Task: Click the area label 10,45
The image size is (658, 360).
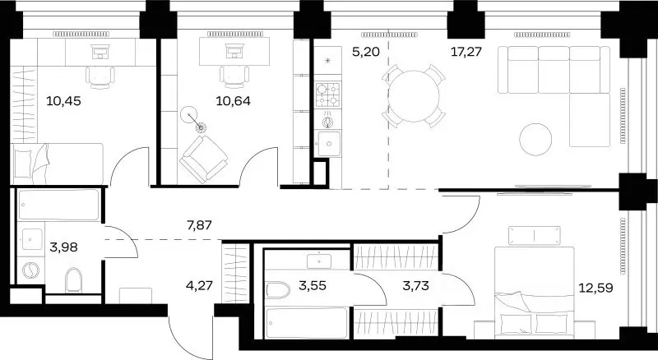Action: pyautogui.click(x=63, y=101)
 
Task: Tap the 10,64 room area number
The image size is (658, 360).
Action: pyautogui.click(x=233, y=101)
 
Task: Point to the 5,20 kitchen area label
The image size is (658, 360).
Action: pyautogui.click(x=366, y=52)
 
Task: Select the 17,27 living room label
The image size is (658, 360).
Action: pyautogui.click(x=466, y=52)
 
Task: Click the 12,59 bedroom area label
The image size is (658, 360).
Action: pyautogui.click(x=595, y=288)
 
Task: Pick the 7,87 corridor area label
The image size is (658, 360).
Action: pyautogui.click(x=199, y=225)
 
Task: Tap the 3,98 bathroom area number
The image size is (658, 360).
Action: pyautogui.click(x=63, y=247)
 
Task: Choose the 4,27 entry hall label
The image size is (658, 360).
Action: pyautogui.click(x=199, y=286)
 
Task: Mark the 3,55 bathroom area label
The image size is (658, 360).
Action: pyautogui.click(x=313, y=286)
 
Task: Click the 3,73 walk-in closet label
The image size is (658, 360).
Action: pyautogui.click(x=415, y=286)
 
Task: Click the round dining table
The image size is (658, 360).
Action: pyautogui.click(x=414, y=96)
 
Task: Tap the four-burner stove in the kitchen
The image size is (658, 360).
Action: pyautogui.click(x=327, y=95)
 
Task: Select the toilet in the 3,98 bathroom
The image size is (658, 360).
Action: pyautogui.click(x=72, y=279)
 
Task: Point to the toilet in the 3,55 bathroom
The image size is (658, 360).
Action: pyautogui.click(x=278, y=290)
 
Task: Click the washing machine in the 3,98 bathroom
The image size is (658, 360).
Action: pyautogui.click(x=30, y=271)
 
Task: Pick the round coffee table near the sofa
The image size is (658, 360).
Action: pyautogui.click(x=535, y=140)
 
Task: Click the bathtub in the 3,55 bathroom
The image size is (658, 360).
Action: pyautogui.click(x=307, y=323)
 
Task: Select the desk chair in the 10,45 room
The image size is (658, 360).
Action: pyautogui.click(x=100, y=77)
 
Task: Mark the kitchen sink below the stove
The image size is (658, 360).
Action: pyautogui.click(x=328, y=144)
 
